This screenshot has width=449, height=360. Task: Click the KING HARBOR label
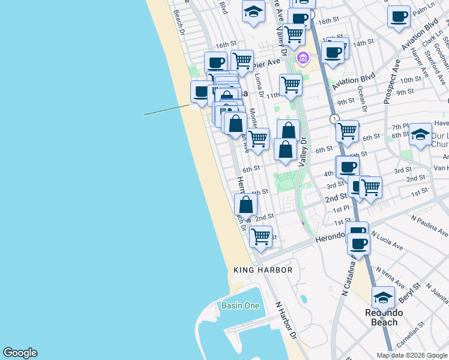point(263,270)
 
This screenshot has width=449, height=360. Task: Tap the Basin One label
point(240,305)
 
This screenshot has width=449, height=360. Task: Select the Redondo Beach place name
point(384,317)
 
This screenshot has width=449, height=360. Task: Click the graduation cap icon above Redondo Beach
point(383,297)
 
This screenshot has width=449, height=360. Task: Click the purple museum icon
point(303,58)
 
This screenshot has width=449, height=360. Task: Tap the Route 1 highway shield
point(334,119)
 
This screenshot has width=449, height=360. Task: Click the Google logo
point(20,353)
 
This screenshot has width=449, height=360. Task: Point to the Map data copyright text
point(411,355)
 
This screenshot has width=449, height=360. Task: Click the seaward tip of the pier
point(143,115)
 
